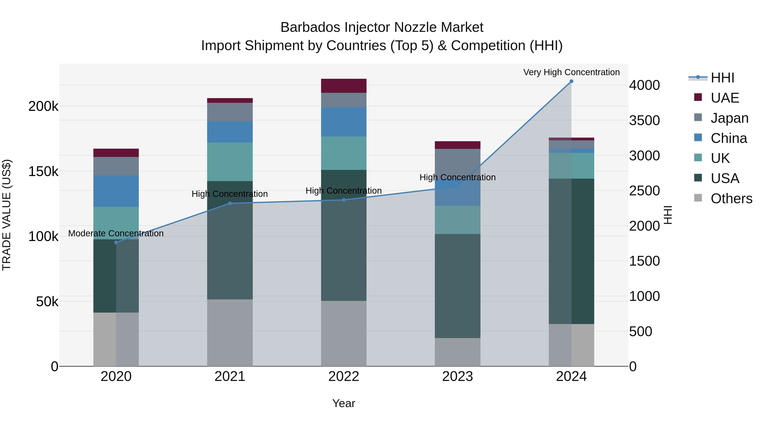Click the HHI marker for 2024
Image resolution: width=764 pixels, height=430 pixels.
[x=571, y=81]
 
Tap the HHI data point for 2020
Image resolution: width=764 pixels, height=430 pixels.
[x=116, y=242]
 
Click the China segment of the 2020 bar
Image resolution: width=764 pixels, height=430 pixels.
[x=116, y=191]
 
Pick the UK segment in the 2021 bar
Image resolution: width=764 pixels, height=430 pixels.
[x=230, y=162]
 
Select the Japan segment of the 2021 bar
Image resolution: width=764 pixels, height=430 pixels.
[x=230, y=112]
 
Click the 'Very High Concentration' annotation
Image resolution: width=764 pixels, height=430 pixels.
[x=571, y=72]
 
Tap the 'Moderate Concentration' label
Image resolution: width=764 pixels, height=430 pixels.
[x=116, y=234]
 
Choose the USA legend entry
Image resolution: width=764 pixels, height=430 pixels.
[x=725, y=178]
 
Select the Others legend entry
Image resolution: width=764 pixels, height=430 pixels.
[x=731, y=199]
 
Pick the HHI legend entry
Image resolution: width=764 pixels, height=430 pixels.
[x=722, y=78]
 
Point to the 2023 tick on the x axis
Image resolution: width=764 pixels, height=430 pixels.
[x=457, y=376]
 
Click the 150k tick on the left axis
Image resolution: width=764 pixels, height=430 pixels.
[x=43, y=172]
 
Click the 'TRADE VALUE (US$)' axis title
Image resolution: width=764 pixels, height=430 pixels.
[x=7, y=215]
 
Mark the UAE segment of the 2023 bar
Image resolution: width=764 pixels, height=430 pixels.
[x=457, y=145]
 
